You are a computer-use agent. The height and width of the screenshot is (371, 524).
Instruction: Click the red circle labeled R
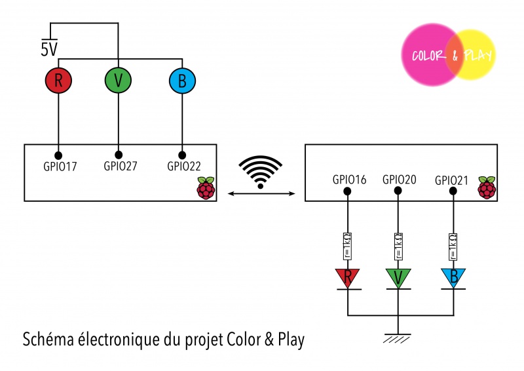[x=58, y=81]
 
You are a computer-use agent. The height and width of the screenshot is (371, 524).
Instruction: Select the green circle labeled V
[x=118, y=81]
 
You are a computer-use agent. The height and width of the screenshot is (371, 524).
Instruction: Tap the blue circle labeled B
[x=181, y=81]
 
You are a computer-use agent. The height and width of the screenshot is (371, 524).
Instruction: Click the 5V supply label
[x=49, y=50]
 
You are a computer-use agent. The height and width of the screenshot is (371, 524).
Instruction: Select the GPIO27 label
[x=121, y=166]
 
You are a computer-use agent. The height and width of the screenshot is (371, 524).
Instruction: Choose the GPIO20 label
[x=399, y=179]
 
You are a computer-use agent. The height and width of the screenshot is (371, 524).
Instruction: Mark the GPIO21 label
[x=452, y=180]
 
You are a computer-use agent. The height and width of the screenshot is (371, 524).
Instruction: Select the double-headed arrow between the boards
[x=261, y=193]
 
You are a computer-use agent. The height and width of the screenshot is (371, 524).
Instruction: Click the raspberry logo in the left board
[x=206, y=187]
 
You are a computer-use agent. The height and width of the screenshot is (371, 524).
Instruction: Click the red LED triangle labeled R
[x=348, y=277]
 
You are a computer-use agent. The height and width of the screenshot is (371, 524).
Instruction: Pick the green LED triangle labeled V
[x=398, y=277]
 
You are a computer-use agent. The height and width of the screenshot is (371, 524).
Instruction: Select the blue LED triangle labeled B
[x=451, y=277]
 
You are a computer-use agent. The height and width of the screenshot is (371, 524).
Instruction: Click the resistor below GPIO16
[x=348, y=245]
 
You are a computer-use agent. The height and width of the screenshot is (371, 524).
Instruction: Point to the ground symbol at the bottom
[x=398, y=337]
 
